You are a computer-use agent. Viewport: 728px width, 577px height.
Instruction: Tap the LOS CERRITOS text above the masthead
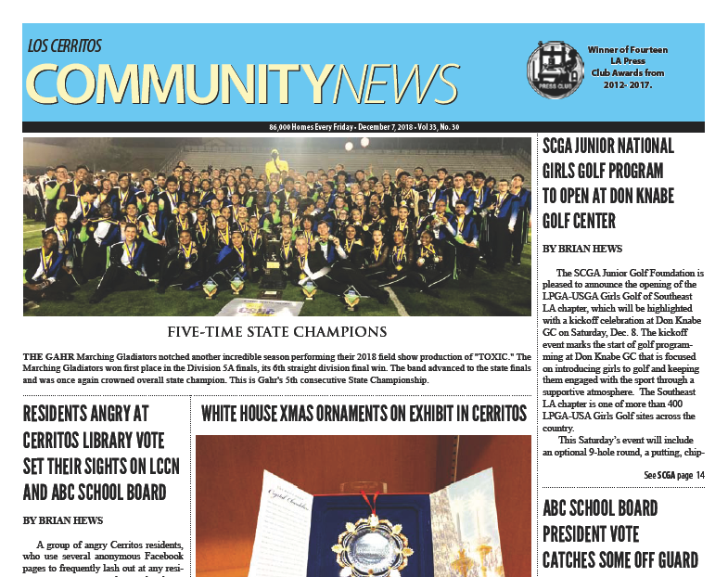(65, 45)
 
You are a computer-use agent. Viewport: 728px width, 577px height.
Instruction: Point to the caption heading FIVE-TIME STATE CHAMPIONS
(276, 331)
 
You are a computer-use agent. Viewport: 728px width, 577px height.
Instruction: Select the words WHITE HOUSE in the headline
(243, 412)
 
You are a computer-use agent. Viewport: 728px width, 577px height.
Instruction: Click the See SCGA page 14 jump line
(674, 475)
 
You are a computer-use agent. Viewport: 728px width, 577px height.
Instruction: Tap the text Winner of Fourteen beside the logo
(627, 49)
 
